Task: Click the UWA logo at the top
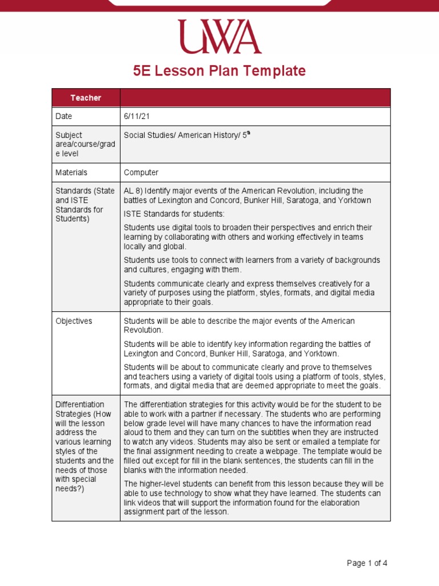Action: coord(219,37)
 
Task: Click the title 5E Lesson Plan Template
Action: coord(219,71)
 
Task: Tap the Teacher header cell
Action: coord(86,98)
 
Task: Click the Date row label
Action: coord(64,116)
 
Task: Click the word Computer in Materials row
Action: coord(141,172)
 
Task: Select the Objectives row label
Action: coord(74,321)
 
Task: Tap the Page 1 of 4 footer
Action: coord(367,563)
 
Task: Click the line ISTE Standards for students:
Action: coord(174,213)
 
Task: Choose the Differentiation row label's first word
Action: coord(80,405)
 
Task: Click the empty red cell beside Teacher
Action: coord(255,98)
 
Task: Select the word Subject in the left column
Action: coord(69,136)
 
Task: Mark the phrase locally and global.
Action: coord(155,246)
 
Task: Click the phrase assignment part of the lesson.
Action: coord(176,512)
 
